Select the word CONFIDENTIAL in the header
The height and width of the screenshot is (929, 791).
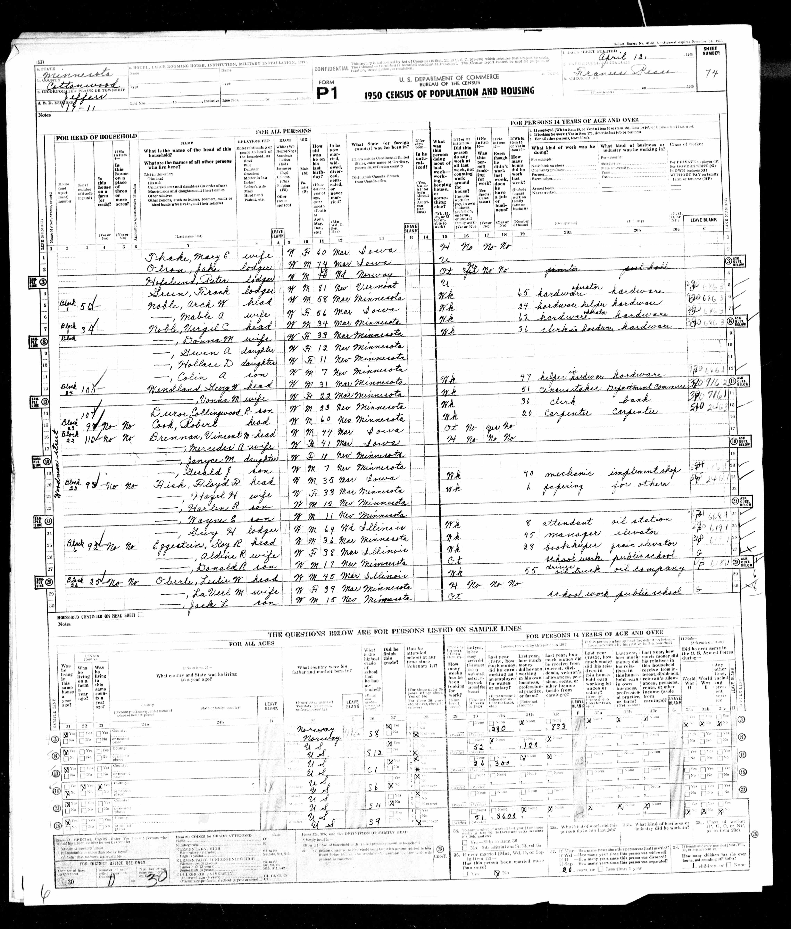click(331, 68)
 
